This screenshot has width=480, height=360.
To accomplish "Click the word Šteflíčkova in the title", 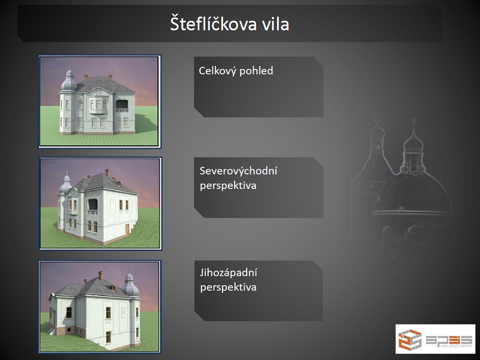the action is pyautogui.click(x=213, y=24).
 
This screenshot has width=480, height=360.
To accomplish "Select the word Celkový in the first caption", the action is pyautogui.click(x=217, y=71).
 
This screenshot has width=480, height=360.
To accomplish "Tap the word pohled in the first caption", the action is pyautogui.click(x=256, y=71).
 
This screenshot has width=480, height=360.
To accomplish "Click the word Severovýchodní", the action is pyautogui.click(x=238, y=171).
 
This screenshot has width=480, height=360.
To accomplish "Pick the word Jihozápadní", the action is pyautogui.click(x=229, y=273).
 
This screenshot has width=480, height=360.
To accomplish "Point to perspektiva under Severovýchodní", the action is pyautogui.click(x=228, y=185).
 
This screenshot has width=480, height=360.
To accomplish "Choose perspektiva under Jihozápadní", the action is pyautogui.click(x=228, y=287).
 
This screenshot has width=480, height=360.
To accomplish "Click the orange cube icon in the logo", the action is pyautogui.click(x=410, y=340).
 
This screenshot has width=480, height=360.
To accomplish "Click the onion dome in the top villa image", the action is pyautogui.click(x=68, y=80).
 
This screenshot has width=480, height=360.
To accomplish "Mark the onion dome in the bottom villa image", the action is pyautogui.click(x=130, y=284).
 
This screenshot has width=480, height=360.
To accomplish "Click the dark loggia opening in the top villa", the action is pyautogui.click(x=122, y=104).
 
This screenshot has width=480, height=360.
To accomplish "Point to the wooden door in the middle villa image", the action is pyautogui.click(x=127, y=230).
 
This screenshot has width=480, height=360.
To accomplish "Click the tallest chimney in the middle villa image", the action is pyautogui.click(x=107, y=173).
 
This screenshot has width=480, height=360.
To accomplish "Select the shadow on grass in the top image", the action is pyautogui.click(x=146, y=123).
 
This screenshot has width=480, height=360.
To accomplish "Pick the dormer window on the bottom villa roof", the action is pyautogui.click(x=113, y=288).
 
